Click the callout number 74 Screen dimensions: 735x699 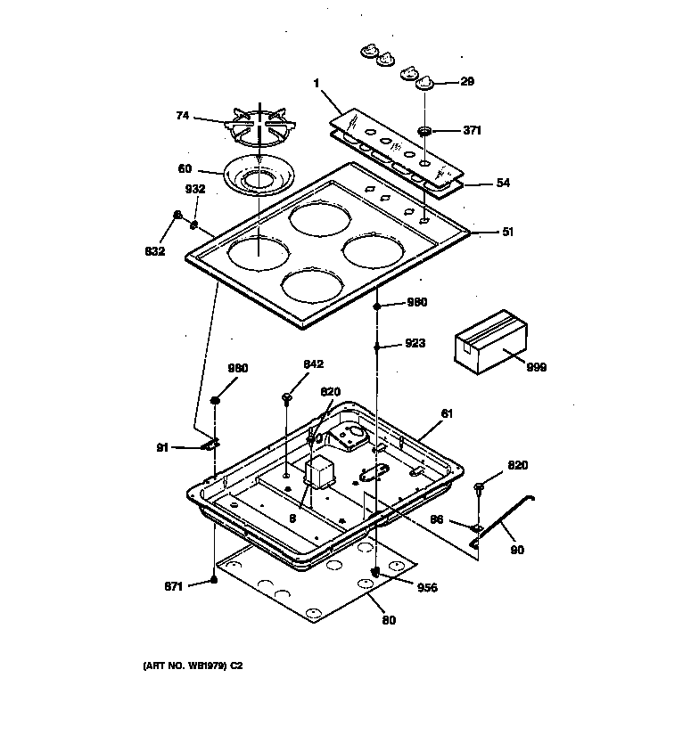(x=182, y=116)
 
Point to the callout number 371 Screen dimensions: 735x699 (x=472, y=130)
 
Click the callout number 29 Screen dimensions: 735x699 (x=467, y=82)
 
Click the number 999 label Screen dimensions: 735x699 (x=537, y=367)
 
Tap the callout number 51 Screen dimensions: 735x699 (x=508, y=232)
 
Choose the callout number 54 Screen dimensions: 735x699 (x=503, y=184)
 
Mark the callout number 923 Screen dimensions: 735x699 (x=415, y=343)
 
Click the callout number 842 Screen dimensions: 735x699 (x=313, y=363)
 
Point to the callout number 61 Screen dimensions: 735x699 (x=448, y=414)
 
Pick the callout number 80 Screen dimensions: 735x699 (x=389, y=620)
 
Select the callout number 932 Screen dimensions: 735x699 (x=194, y=189)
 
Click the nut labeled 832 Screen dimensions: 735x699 (x=178, y=215)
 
